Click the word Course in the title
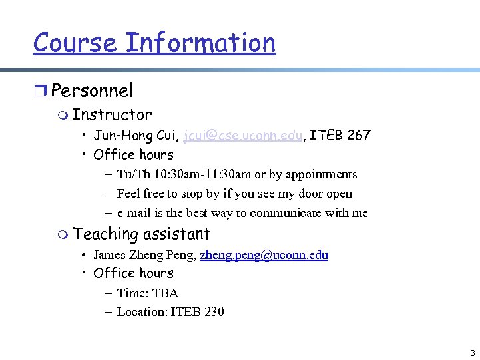click(75, 43)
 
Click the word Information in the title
click(200, 43)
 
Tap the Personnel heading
click(92, 90)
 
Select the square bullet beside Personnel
click(41, 91)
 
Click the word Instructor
click(112, 115)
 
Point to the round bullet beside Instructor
click(63, 116)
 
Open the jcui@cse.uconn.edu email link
click(244, 136)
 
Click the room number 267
click(359, 136)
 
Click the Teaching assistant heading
click(141, 234)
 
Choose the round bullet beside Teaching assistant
click(63, 234)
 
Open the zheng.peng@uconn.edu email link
click(264, 255)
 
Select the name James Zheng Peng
click(142, 255)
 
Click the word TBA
click(165, 293)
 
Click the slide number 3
click(472, 353)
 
